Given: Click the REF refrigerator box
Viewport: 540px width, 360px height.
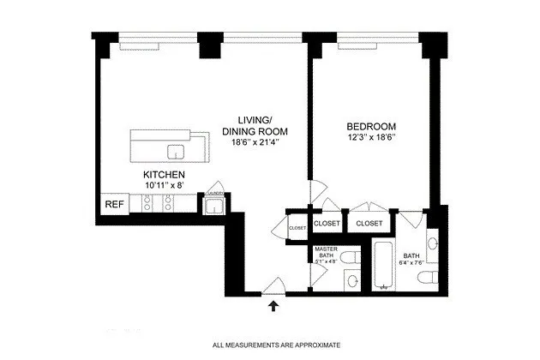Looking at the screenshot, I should (x=112, y=205).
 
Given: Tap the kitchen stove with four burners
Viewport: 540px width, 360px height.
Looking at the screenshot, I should (x=159, y=203).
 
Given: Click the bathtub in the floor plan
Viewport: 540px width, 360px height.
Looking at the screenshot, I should (x=382, y=268).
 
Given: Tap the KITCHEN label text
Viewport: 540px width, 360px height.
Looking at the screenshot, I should (x=163, y=174).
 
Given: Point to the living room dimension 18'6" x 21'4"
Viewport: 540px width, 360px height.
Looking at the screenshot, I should (x=255, y=143).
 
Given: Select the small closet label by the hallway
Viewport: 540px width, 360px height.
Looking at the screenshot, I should (x=297, y=228).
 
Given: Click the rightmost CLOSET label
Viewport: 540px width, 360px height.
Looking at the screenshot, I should (x=369, y=223).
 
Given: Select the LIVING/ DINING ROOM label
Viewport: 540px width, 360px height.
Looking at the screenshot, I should (x=255, y=125).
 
